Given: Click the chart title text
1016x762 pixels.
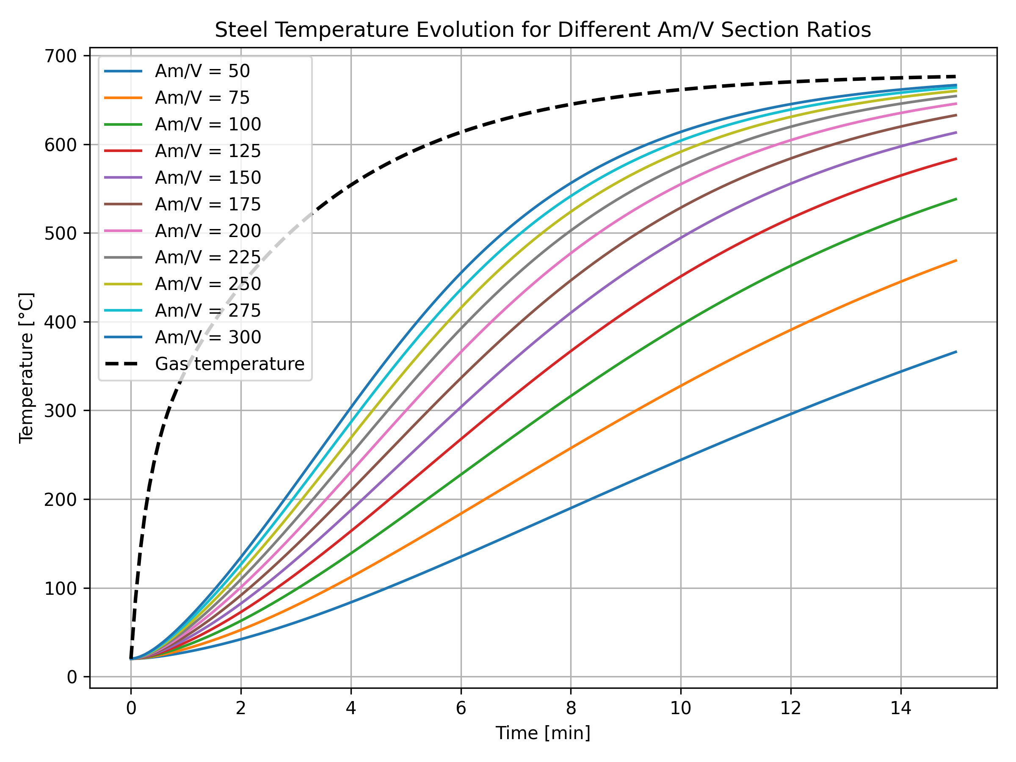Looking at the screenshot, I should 542,30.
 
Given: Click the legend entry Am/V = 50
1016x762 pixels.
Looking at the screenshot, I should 202,71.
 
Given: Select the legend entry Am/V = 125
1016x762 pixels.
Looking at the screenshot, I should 207,151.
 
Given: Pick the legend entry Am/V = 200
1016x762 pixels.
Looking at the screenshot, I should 207,231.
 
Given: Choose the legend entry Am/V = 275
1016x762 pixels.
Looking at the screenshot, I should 207,311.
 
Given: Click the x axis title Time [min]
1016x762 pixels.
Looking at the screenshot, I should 542,733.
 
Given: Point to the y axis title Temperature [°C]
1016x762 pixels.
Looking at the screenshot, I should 27,367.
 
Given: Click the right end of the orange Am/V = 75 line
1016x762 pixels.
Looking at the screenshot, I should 956,260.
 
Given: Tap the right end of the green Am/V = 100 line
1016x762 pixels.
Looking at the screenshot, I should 956,199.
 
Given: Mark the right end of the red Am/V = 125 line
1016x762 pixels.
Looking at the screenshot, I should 956,159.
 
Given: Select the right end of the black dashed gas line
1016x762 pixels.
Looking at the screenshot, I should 956,76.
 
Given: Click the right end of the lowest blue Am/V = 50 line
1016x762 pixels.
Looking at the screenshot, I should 956,352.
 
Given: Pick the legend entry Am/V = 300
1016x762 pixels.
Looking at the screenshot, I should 207,337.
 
